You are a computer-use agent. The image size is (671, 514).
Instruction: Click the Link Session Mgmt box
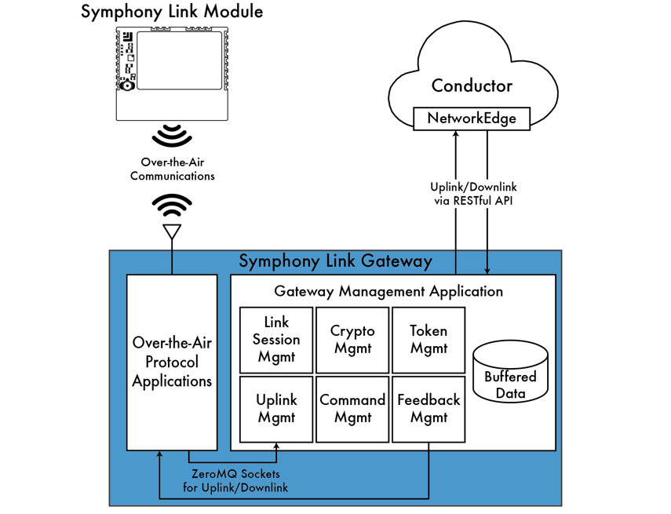click(276, 340)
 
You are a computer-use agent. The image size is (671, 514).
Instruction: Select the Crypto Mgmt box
click(352, 340)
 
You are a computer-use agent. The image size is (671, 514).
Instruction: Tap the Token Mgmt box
click(428, 340)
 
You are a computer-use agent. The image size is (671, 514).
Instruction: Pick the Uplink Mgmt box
click(276, 409)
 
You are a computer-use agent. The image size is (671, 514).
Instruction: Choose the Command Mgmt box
click(352, 409)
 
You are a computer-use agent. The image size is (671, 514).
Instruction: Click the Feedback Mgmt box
click(428, 409)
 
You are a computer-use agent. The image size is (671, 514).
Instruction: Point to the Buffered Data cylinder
click(510, 374)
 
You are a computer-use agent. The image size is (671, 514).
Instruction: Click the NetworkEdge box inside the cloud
click(472, 118)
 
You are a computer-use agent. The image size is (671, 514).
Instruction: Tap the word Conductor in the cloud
click(472, 86)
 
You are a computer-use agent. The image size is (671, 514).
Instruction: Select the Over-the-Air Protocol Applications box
click(172, 363)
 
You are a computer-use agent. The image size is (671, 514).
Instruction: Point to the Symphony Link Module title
click(172, 12)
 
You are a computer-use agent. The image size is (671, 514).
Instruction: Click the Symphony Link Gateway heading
click(335, 261)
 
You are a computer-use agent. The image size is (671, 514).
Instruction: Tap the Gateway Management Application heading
click(388, 291)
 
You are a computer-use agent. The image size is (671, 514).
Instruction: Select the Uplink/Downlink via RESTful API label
click(473, 194)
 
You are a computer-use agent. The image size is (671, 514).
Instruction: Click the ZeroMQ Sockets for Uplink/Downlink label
click(235, 481)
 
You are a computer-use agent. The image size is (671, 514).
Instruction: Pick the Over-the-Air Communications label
click(172, 170)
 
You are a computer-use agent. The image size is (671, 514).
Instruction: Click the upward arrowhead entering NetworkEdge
click(456, 135)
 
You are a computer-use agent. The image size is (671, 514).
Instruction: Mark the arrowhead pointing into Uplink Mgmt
click(276, 447)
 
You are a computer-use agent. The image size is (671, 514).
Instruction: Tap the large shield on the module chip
click(180, 60)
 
